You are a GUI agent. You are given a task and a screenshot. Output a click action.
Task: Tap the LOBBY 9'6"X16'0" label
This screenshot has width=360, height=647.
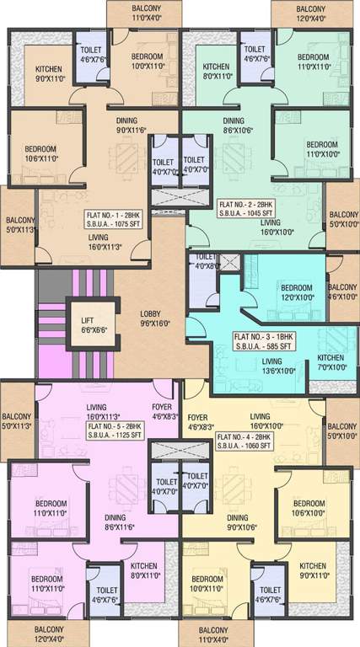155,318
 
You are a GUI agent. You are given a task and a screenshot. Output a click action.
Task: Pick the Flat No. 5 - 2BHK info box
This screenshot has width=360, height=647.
116,430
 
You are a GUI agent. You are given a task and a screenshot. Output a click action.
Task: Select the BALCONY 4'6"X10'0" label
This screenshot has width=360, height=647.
342,291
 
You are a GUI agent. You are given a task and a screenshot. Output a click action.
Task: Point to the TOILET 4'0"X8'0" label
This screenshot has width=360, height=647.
204,262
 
